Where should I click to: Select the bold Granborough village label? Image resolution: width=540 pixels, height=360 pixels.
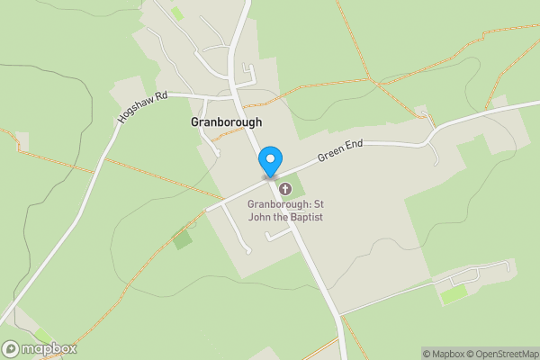tap(226, 121)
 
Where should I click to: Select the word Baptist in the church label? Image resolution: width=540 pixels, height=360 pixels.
tap(306, 217)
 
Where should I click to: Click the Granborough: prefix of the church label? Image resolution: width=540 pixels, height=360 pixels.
tap(278, 204)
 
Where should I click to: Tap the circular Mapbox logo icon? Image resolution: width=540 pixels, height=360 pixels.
tap(12, 349)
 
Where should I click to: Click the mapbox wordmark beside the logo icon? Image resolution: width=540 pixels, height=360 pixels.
tap(49, 349)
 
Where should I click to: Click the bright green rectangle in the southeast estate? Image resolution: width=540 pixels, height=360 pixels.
tap(454, 293)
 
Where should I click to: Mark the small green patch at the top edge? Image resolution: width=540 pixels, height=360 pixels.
tap(177, 13)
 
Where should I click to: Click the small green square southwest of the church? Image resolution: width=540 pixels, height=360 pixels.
tap(183, 239)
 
